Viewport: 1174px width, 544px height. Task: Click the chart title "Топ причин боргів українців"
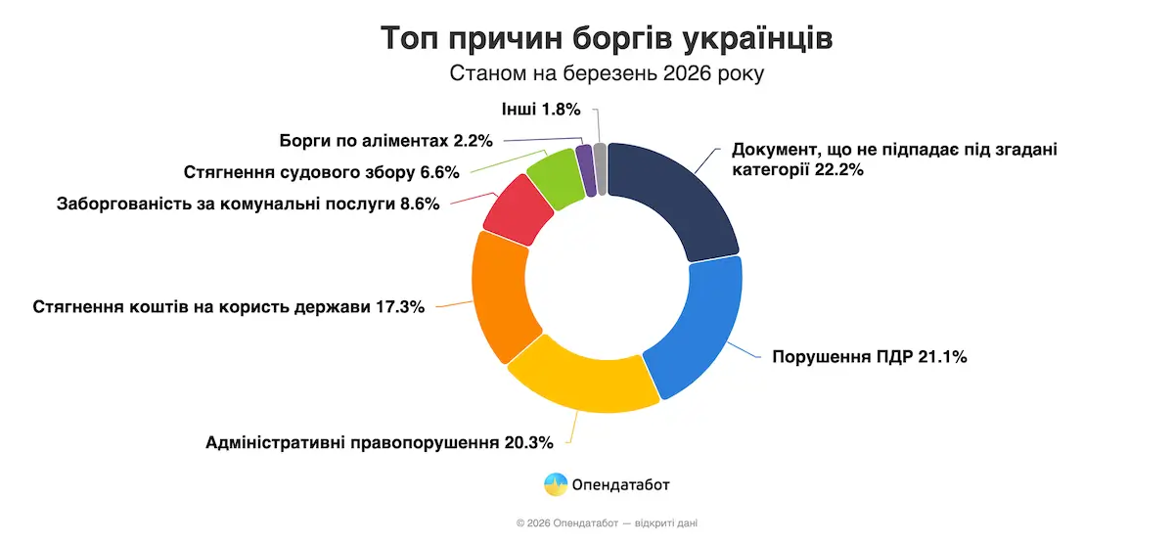[x=607, y=39]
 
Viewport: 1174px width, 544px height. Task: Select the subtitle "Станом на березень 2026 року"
[x=607, y=74]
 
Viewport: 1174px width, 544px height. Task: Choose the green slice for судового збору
[x=554, y=177]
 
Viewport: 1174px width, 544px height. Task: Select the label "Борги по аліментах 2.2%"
[x=385, y=140]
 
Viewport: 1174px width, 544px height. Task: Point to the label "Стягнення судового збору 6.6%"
[x=322, y=172]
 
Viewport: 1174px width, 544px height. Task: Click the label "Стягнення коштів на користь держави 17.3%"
[x=229, y=306]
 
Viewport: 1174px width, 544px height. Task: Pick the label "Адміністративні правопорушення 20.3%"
[x=380, y=441]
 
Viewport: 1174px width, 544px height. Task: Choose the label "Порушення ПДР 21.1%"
[x=870, y=357]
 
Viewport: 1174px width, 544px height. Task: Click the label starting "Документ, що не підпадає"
[x=894, y=159]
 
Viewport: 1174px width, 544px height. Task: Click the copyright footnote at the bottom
[x=607, y=523]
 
